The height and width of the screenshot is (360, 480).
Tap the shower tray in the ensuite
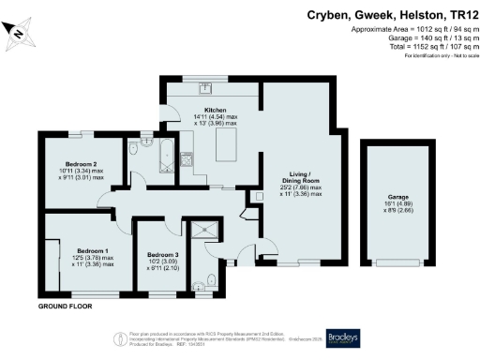(x=202, y=233)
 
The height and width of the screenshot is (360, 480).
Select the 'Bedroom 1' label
(x=93, y=251)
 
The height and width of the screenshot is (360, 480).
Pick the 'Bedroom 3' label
(x=163, y=253)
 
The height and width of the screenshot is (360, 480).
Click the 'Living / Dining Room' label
(x=303, y=178)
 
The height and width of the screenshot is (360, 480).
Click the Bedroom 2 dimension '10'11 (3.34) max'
(x=81, y=171)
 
